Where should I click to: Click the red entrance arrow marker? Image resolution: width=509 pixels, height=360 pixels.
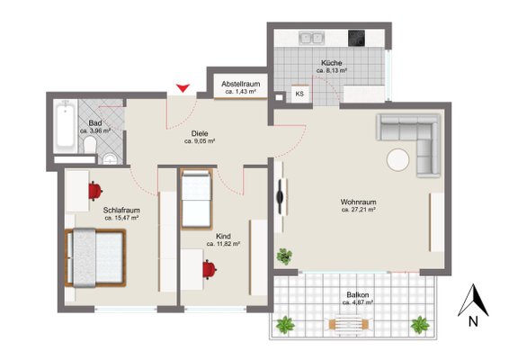(183, 87)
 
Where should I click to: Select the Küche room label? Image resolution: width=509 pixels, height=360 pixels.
(332, 63)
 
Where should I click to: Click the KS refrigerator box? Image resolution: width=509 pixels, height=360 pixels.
(299, 94)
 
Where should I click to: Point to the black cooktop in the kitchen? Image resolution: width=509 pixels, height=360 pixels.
(356, 39)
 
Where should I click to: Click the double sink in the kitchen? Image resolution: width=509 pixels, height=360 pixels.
(311, 38)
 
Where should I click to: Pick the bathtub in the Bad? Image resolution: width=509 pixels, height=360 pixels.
(66, 126)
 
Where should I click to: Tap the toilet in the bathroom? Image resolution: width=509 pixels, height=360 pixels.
(90, 145)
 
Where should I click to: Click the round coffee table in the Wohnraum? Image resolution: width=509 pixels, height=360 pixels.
(398, 160)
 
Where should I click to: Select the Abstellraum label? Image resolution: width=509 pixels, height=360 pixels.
(241, 85)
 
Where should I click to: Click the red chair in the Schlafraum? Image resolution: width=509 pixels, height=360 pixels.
(95, 191)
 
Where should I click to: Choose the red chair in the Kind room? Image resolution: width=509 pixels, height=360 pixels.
(210, 269)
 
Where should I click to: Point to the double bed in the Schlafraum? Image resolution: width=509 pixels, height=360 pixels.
(95, 258)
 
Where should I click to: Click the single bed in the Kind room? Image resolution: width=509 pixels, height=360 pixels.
(196, 199)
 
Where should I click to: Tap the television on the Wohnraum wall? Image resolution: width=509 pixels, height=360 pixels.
(280, 196)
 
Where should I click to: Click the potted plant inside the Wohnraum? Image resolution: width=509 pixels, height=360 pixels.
(284, 256)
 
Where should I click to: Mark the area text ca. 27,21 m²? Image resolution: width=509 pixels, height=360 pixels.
(359, 210)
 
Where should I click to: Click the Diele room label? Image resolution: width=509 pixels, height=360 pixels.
(200, 133)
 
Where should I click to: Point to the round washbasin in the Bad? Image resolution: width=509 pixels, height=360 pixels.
(110, 159)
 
